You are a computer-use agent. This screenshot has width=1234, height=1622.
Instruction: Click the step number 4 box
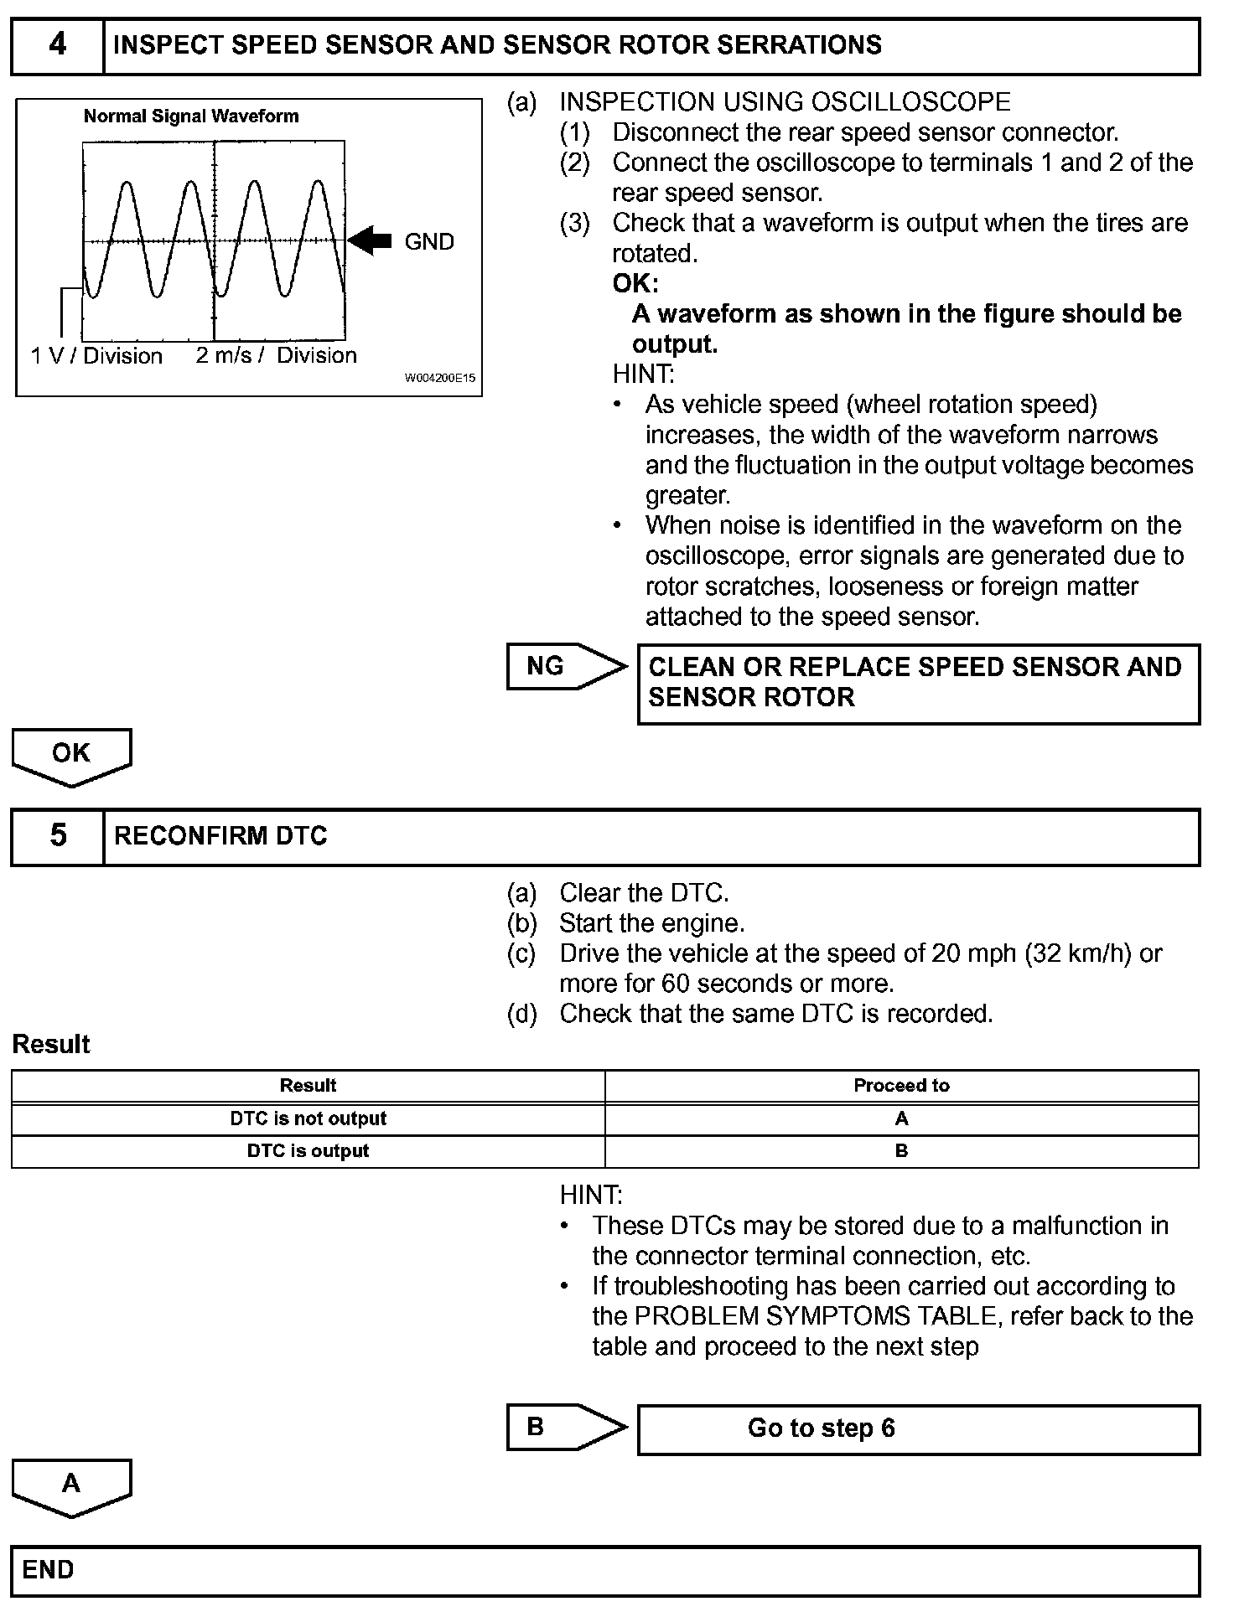click(57, 45)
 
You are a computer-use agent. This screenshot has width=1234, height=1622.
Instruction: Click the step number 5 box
click(57, 836)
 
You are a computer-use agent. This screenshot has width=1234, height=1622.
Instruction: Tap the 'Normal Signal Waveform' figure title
click(191, 116)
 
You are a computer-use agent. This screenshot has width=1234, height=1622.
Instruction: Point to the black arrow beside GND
click(370, 241)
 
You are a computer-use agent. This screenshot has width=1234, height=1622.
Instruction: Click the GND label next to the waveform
click(429, 242)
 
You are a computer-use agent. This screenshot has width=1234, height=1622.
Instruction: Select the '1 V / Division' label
click(96, 356)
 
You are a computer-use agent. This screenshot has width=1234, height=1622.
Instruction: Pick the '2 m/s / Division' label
click(276, 356)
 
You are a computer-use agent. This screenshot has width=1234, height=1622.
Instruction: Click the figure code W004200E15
click(440, 378)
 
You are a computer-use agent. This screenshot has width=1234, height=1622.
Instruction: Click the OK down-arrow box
click(71, 754)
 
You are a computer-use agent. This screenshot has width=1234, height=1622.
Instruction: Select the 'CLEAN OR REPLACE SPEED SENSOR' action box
click(918, 683)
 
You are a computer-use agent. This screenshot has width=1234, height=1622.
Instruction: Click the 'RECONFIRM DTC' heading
click(220, 836)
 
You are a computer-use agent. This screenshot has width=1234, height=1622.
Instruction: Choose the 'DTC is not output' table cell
click(308, 1118)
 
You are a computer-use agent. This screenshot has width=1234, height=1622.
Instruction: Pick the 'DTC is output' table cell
click(308, 1151)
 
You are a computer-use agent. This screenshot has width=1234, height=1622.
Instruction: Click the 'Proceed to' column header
click(901, 1086)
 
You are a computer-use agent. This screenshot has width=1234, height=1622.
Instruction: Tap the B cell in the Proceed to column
click(901, 1151)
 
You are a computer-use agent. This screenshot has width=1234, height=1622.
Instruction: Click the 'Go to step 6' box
click(918, 1428)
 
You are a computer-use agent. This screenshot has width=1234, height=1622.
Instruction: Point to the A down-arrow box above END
click(71, 1485)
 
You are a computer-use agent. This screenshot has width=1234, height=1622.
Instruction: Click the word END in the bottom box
click(48, 1570)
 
